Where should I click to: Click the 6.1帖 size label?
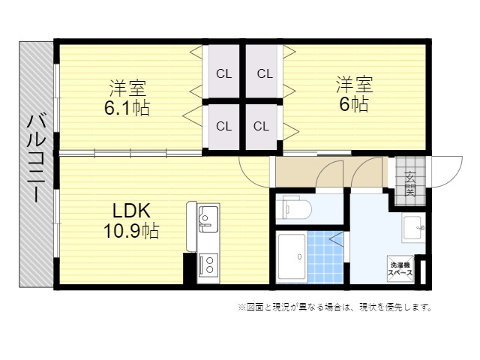click(127, 108)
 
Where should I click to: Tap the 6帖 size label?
click(354, 105)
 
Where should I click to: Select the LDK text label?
click(132, 211)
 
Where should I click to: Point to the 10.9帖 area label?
click(131, 231)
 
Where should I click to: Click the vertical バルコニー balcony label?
click(37, 157)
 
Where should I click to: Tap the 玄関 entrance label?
click(410, 184)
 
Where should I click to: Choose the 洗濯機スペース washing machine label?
click(400, 269)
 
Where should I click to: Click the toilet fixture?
click(294, 208)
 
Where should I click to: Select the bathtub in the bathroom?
click(292, 257)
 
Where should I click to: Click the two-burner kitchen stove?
click(208, 265)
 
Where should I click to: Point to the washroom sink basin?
click(414, 228)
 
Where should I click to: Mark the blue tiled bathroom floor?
click(325, 257)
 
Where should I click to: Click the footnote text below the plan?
click(335, 307)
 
